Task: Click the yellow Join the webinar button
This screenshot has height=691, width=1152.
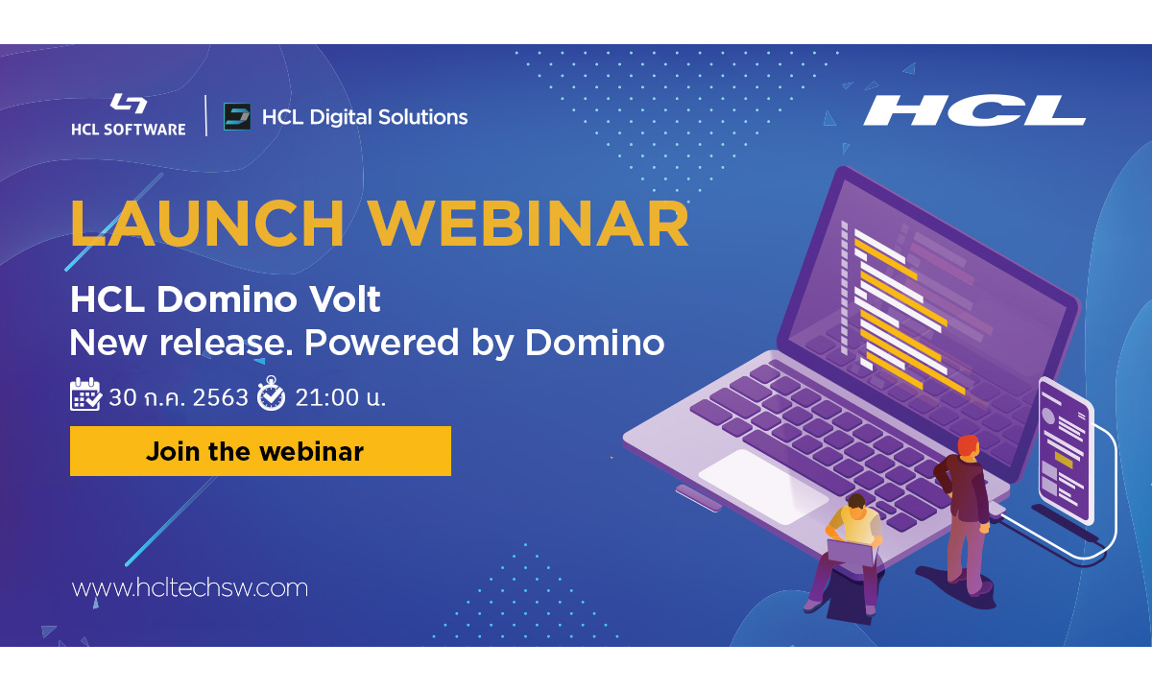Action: [x=260, y=451]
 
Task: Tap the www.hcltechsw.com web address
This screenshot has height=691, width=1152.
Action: [x=190, y=587]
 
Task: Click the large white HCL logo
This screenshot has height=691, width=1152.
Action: [x=973, y=111]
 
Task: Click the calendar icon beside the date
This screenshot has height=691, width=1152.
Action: [x=85, y=394]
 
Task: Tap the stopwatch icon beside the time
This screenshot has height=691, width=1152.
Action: [x=271, y=394]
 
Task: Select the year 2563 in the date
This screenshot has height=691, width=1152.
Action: [x=221, y=396]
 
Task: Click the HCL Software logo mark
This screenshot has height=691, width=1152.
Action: [x=128, y=104]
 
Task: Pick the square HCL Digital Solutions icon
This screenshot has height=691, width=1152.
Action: [x=237, y=117]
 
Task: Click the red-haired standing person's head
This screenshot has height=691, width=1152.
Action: [x=968, y=446]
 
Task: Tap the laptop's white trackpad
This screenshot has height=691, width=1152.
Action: [x=762, y=486]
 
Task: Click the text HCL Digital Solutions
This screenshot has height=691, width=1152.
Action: [x=365, y=117]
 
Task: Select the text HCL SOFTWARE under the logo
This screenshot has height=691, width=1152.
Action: [x=128, y=129]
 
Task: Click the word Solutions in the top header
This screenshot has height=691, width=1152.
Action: [x=421, y=117]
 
